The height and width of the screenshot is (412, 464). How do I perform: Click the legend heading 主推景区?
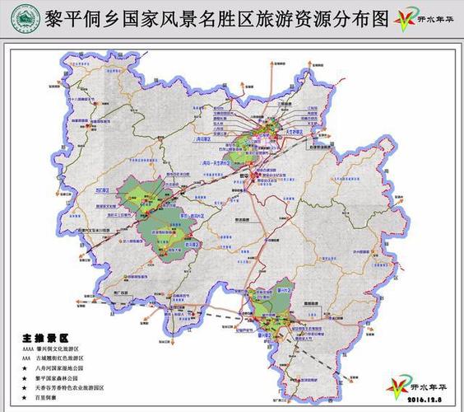tap(44, 339)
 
